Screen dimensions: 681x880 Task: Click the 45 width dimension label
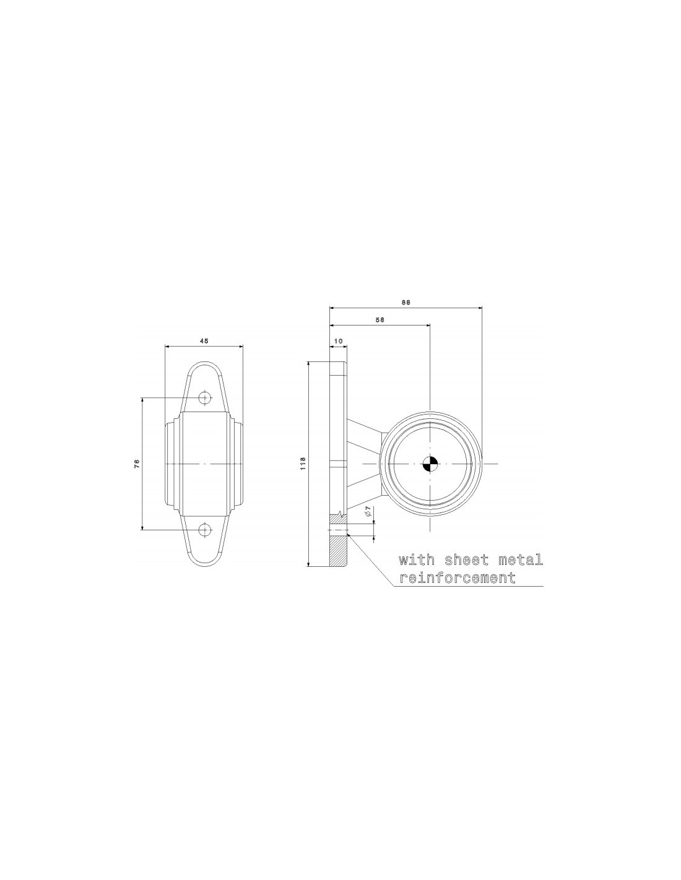pyautogui.click(x=204, y=342)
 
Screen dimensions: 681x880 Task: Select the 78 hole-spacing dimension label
pyautogui.click(x=137, y=464)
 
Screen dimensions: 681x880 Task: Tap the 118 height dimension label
pyautogui.click(x=303, y=464)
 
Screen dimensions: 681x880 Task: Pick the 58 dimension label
pyautogui.click(x=380, y=319)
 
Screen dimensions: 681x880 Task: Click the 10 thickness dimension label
pyautogui.click(x=338, y=341)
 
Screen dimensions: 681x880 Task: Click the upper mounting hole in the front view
pyautogui.click(x=205, y=398)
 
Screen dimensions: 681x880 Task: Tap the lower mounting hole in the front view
pyautogui.click(x=205, y=528)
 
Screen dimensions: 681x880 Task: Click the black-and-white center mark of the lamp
pyautogui.click(x=429, y=464)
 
